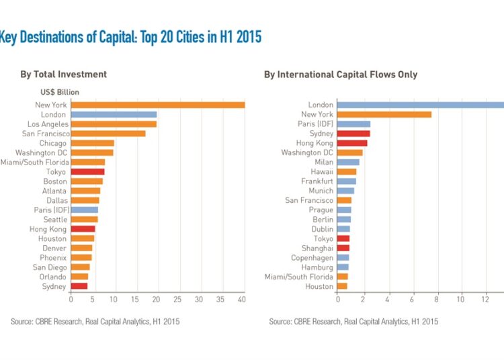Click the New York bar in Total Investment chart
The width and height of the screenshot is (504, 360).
pos(157,105)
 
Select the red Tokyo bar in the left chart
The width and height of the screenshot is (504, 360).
pos(87,171)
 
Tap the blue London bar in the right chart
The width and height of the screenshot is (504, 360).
pos(420,105)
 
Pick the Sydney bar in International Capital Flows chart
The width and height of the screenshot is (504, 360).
pos(353,134)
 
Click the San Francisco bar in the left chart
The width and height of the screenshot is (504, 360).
pos(108,134)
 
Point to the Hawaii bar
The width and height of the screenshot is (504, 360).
pos(347,172)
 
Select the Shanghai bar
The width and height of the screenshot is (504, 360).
pos(343,248)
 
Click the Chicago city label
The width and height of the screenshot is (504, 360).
pos(53,143)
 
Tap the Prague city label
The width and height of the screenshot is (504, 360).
pos(321,210)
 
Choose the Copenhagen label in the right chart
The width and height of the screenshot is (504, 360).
pos(312,258)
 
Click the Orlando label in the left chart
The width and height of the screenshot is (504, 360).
pos(52,277)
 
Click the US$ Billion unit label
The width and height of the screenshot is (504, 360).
pos(60,92)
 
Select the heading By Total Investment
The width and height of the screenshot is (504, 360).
pos(63,75)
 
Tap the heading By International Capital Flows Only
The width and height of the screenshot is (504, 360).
pos(341,75)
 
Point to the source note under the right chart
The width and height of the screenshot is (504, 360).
pos(353,322)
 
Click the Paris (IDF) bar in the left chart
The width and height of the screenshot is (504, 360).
pos(85,210)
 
